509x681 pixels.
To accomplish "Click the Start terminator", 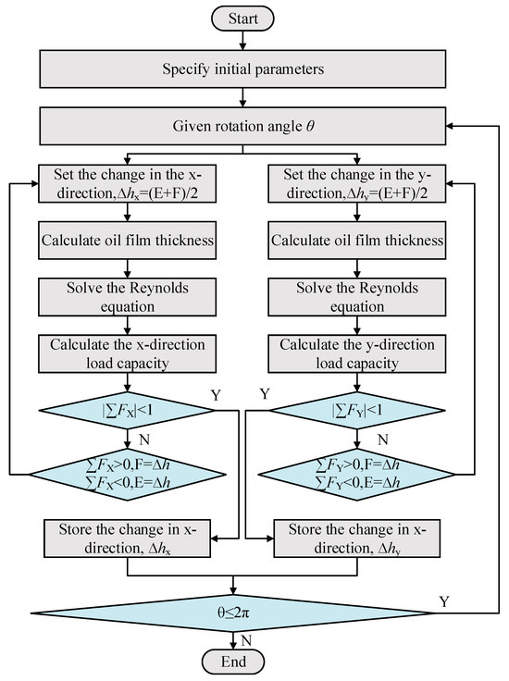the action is (242, 19).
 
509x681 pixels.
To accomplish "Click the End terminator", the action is (233, 662).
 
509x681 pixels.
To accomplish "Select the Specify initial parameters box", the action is (242, 69).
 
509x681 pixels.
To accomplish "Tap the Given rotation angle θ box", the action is (242, 126).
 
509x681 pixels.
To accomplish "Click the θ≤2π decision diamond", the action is (233, 613).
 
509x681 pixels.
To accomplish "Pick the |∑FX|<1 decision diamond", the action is (128, 411).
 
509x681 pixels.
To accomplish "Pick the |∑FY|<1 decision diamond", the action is (357, 411).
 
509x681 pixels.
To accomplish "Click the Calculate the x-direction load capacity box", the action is (128, 353).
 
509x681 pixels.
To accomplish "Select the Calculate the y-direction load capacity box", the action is (357, 353).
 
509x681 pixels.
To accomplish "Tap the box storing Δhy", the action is (357, 539).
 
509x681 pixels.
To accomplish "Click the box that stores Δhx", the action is (128, 539).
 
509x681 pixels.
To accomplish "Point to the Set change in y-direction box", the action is (357, 183).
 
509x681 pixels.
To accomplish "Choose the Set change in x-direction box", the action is (128, 183).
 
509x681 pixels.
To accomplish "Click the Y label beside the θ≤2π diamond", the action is (444, 601).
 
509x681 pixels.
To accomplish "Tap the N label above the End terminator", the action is (246, 640).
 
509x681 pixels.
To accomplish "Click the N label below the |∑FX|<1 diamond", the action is (144, 440).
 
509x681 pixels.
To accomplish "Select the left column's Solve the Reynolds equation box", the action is (128, 297).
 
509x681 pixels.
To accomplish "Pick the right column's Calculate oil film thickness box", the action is (357, 241).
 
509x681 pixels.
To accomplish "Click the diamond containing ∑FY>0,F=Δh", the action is (357, 475).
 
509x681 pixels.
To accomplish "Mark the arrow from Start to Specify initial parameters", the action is (242, 40).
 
